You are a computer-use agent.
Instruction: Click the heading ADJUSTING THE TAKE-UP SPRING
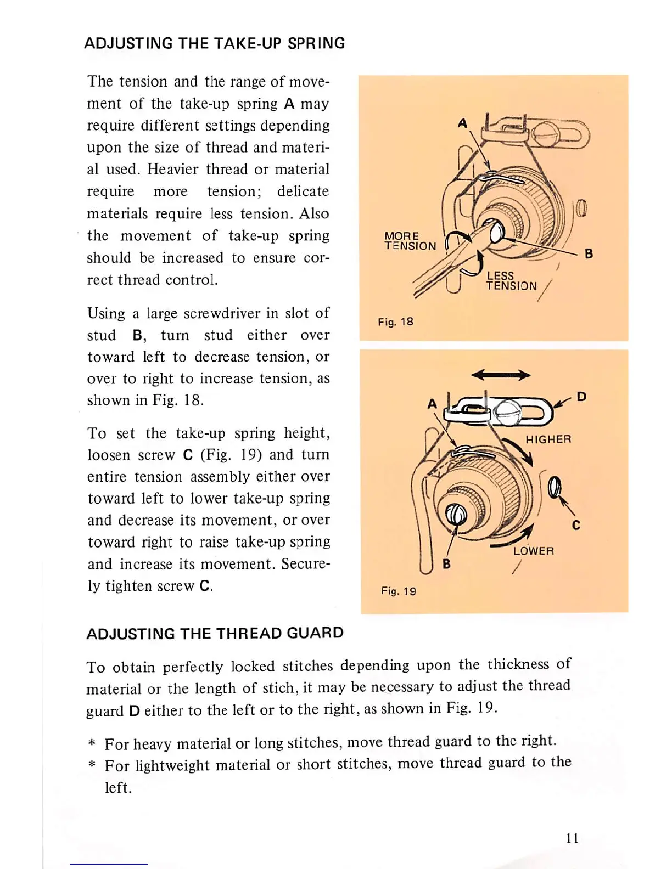214,43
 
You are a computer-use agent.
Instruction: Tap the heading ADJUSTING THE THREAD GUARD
215,633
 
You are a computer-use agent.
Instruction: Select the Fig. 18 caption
395,322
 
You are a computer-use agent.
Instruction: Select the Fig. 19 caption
399,591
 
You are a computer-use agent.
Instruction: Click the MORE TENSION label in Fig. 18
410,241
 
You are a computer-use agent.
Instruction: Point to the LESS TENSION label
511,280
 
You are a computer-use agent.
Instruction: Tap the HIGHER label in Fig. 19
548,439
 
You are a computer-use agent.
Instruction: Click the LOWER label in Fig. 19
533,551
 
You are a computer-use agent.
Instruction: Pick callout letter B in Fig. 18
589,253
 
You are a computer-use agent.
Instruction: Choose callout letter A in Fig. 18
463,123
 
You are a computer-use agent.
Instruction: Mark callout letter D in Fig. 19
581,396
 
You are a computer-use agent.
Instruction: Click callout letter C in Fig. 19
576,525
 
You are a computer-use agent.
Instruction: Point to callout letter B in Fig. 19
446,563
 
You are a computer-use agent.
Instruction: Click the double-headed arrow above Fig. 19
501,375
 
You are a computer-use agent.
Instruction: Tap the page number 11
572,838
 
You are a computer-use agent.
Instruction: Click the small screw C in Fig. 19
555,486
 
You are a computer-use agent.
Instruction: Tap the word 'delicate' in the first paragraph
303,191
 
